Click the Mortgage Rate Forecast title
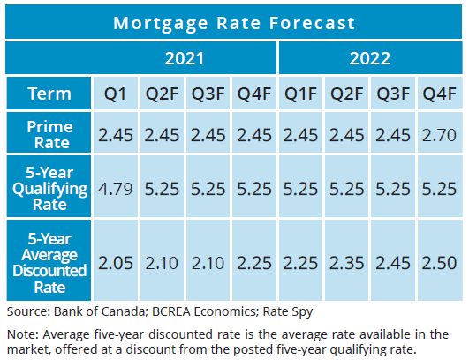click(234, 23)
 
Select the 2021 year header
click(185, 58)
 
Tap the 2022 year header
click(370, 58)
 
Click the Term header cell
click(49, 94)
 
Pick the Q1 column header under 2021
click(115, 94)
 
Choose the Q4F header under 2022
click(439, 94)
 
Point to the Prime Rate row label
click(50, 135)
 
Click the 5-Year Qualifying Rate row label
click(49, 189)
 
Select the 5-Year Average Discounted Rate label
click(49, 263)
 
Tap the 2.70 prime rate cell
click(439, 135)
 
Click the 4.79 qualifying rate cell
click(115, 189)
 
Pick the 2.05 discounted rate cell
click(116, 263)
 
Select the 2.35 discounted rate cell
click(346, 263)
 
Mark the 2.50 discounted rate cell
click(439, 263)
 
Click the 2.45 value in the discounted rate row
click(393, 263)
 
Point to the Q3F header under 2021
click(208, 94)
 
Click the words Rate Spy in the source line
click(288, 311)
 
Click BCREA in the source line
click(171, 311)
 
